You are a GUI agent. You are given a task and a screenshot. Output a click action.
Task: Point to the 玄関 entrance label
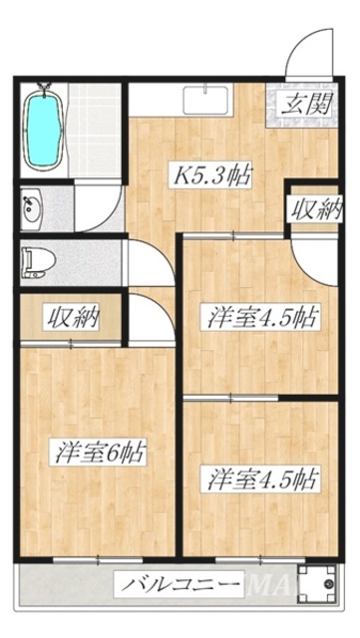(x=303, y=103)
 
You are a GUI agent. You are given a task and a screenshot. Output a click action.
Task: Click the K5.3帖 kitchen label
(x=212, y=176)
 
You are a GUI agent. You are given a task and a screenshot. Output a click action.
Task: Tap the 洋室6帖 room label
(x=100, y=453)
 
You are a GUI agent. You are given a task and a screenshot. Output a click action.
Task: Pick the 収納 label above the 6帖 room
(x=72, y=319)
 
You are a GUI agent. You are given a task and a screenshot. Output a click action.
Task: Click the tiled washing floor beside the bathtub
(x=96, y=130)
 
